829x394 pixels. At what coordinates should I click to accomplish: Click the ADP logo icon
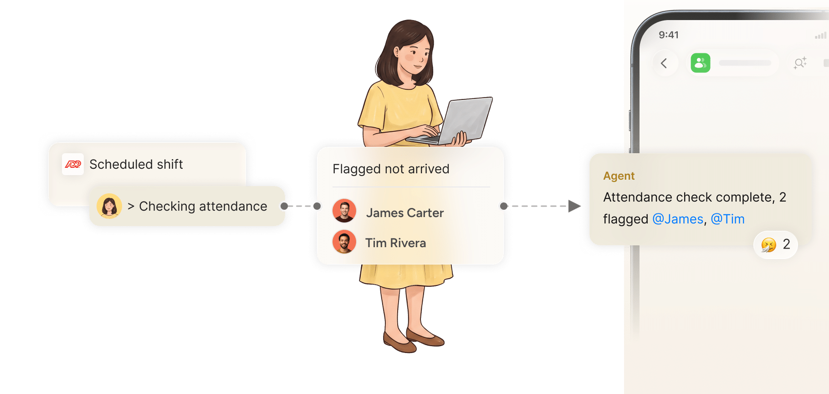pyautogui.click(x=73, y=164)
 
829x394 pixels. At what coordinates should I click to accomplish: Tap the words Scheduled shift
pyautogui.click(x=136, y=164)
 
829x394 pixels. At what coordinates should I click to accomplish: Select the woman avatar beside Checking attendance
pyautogui.click(x=109, y=206)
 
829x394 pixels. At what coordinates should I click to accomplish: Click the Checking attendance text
pyautogui.click(x=203, y=206)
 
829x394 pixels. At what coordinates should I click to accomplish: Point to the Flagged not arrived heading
pyautogui.click(x=391, y=169)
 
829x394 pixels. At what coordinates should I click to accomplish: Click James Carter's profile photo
pyautogui.click(x=344, y=211)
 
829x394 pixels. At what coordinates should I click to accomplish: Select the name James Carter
pyautogui.click(x=405, y=213)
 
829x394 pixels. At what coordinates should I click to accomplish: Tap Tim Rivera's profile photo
pyautogui.click(x=344, y=242)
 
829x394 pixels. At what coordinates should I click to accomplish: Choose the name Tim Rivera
pyautogui.click(x=395, y=243)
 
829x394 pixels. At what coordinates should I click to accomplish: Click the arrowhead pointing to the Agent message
pyautogui.click(x=574, y=206)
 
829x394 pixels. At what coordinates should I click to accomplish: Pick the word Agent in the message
pyautogui.click(x=619, y=176)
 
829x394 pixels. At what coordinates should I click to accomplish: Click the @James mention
pyautogui.click(x=678, y=219)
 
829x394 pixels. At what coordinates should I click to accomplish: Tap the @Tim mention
pyautogui.click(x=727, y=219)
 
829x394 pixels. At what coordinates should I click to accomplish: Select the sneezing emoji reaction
pyautogui.click(x=769, y=245)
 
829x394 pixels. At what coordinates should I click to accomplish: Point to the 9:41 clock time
pyautogui.click(x=669, y=35)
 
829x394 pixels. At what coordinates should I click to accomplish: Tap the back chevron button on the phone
pyautogui.click(x=664, y=63)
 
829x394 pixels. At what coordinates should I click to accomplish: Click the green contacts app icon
pyautogui.click(x=701, y=63)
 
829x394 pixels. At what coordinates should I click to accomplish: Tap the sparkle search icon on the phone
pyautogui.click(x=800, y=63)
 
